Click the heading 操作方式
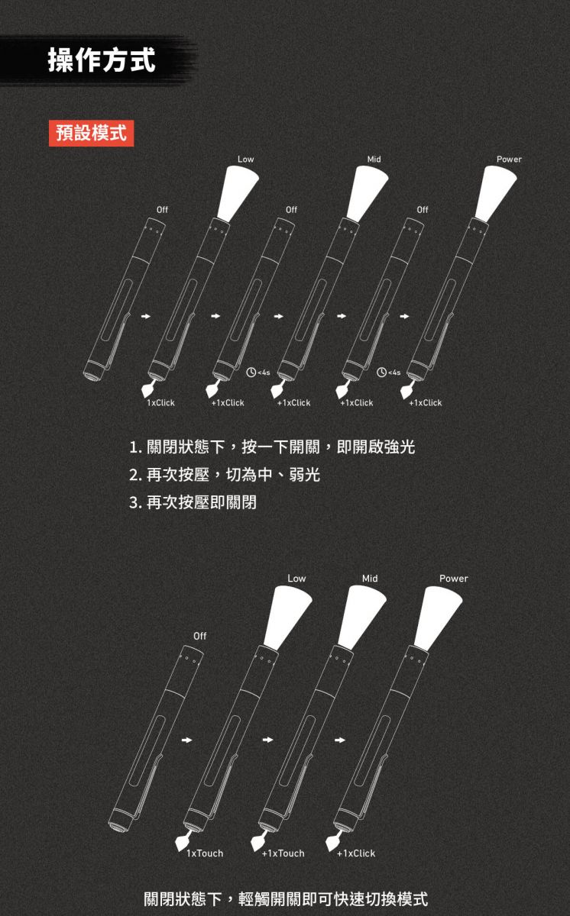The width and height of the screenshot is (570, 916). click(102, 60)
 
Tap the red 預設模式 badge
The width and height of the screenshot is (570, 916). click(91, 134)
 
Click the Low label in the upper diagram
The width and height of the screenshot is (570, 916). click(245, 159)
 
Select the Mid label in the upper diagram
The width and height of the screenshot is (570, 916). click(374, 159)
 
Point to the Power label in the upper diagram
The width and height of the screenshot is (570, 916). click(509, 159)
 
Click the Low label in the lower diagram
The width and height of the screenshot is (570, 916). click(296, 579)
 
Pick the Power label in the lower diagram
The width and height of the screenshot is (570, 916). click(453, 579)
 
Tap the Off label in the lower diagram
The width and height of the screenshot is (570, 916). click(199, 636)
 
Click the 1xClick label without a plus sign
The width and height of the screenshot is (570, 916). click(160, 403)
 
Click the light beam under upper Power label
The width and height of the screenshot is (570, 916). click(495, 193)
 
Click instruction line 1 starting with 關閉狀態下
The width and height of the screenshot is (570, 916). click(272, 447)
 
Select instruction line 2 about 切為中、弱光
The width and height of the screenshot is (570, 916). click(224, 475)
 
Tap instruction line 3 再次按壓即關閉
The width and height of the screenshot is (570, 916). click(193, 502)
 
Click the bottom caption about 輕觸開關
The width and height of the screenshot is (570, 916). click(286, 899)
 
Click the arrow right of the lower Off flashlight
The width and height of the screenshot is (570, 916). click(186, 740)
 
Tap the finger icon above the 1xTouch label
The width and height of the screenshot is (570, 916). click(183, 840)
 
